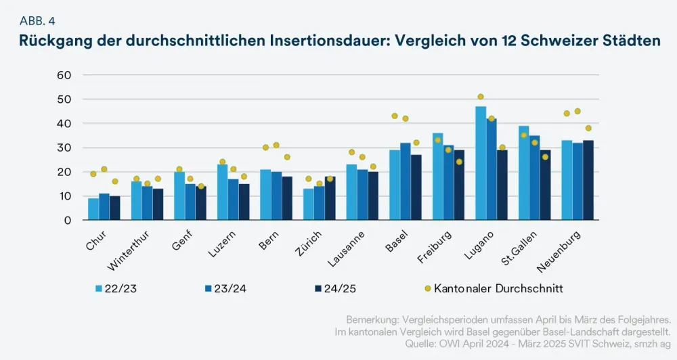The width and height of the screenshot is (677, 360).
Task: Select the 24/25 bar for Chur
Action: [x=115, y=208]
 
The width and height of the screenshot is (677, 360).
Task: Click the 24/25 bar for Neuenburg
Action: [x=588, y=180]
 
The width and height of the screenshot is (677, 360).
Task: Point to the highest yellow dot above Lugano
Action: [x=481, y=97]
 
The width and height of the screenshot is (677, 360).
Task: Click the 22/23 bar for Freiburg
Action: [x=437, y=177]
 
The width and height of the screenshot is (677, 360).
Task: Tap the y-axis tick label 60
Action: [x=64, y=75]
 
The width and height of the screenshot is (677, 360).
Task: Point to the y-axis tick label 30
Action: [x=64, y=148]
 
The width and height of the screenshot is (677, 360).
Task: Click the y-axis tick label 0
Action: [x=67, y=221]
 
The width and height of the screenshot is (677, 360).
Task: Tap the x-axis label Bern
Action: [x=269, y=241]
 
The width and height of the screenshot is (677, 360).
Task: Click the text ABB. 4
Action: [x=38, y=20]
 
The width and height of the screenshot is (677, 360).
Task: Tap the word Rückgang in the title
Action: [x=53, y=41]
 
